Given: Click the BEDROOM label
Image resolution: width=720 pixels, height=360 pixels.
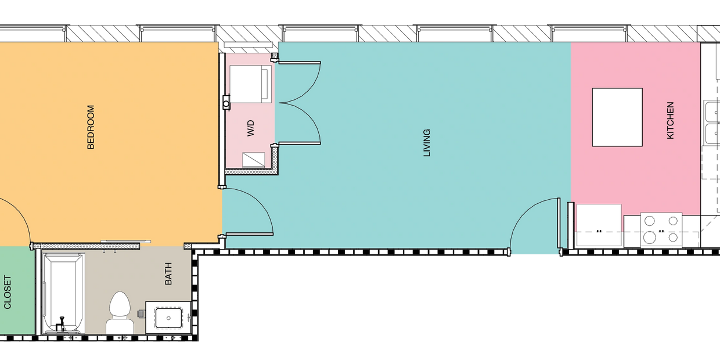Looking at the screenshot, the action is click(x=91, y=127).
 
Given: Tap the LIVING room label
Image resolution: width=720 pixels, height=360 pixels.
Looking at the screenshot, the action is click(x=427, y=143).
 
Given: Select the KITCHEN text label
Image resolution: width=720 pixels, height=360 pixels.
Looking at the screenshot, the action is click(x=671, y=121).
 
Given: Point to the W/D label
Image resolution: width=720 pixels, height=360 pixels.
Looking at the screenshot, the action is click(x=251, y=128).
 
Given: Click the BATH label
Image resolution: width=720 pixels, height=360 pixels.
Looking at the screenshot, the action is click(x=168, y=274).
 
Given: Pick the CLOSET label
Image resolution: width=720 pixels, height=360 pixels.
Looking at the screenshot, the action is click(x=8, y=292).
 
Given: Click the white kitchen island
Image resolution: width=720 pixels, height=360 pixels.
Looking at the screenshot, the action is click(x=617, y=117).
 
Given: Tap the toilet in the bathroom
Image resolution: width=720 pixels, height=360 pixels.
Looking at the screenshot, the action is click(x=120, y=313).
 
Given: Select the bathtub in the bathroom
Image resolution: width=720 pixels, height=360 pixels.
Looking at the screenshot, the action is click(x=63, y=293).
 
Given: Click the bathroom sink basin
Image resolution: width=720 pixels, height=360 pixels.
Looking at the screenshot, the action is click(x=168, y=318).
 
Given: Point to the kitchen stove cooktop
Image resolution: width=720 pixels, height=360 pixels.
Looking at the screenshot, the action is click(x=661, y=230).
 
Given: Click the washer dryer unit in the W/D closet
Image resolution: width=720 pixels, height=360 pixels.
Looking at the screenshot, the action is click(x=250, y=84).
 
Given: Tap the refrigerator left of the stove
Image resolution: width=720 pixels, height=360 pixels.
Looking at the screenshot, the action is click(x=599, y=225).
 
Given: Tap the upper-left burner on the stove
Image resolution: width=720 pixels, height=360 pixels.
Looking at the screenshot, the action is click(x=650, y=221).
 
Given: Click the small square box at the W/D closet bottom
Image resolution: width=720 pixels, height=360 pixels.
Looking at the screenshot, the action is click(x=253, y=160).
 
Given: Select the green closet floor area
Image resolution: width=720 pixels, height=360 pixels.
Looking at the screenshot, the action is click(x=17, y=290).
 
